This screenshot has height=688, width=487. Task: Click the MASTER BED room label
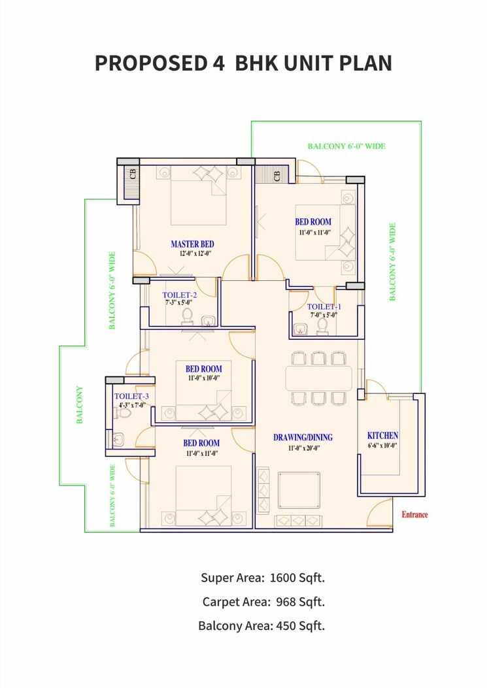tap(192, 244)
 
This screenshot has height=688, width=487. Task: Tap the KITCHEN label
tap(382, 436)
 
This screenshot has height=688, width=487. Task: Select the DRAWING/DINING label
tap(303, 437)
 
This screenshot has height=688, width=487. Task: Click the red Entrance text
tap(414, 515)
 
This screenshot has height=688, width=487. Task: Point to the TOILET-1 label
tap(324, 306)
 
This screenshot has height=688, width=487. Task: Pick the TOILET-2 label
tap(180, 295)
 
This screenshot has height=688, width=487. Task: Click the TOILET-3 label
tap(131, 397)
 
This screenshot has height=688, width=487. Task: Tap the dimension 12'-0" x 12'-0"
tap(192, 254)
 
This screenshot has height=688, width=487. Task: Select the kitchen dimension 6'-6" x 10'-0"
tap(382, 446)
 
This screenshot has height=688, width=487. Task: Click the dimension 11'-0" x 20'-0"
tap(303, 448)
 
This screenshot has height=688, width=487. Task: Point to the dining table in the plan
tap(318, 378)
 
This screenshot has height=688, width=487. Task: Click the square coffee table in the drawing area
tap(299, 489)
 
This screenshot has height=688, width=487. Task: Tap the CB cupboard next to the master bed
tap(133, 175)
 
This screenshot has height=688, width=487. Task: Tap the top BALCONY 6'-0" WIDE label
tap(346, 146)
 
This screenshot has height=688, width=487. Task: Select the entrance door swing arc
tap(379, 508)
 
